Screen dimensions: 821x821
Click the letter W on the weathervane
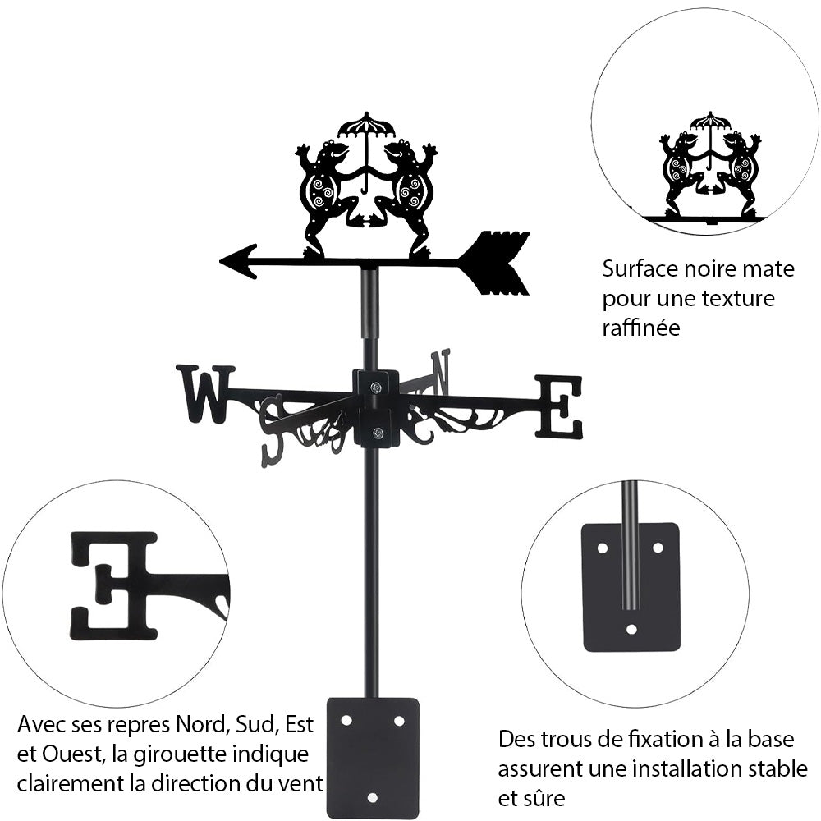(x=204, y=393)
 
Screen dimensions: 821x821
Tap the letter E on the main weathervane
(x=559, y=406)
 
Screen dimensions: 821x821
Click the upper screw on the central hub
(x=375, y=388)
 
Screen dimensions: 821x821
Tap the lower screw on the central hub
(x=378, y=433)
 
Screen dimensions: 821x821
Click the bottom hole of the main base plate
(x=372, y=797)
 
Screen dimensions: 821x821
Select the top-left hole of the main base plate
(x=346, y=720)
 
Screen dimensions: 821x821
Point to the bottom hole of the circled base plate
(x=631, y=630)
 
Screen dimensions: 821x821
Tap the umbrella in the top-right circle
(x=710, y=122)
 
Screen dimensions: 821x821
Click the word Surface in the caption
(x=637, y=268)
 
